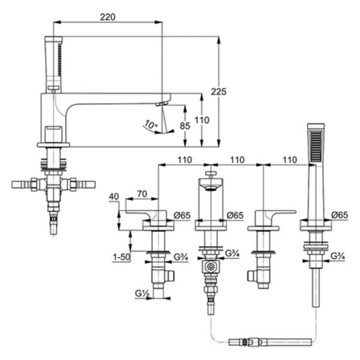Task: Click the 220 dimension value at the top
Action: pyautogui.click(x=107, y=17)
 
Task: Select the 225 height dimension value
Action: pyautogui.click(x=218, y=92)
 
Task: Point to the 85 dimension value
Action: pyautogui.click(x=185, y=126)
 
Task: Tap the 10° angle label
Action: pyautogui.click(x=151, y=125)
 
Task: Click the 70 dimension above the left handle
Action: pyautogui.click(x=142, y=194)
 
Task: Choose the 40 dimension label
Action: pyautogui.click(x=114, y=197)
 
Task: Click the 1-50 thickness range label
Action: pyautogui.click(x=122, y=257)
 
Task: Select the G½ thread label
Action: pyautogui.click(x=142, y=293)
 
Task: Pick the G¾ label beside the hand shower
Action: pyautogui.click(x=338, y=256)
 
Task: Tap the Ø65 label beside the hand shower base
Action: pyautogui.click(x=340, y=215)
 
